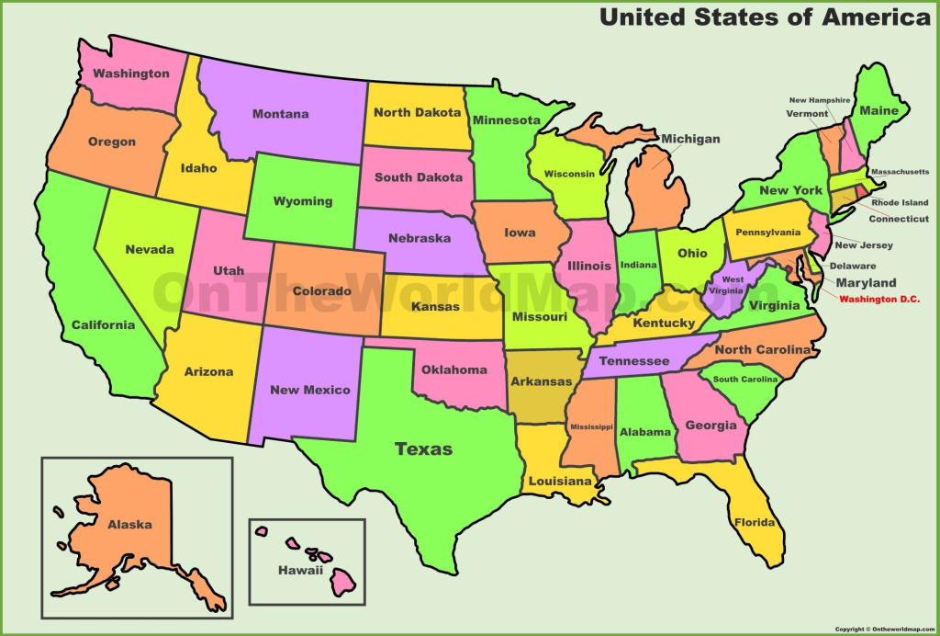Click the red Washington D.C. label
pos(878,300)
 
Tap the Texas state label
pos(423,449)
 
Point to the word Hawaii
pos(301,571)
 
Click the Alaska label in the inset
pos(129,525)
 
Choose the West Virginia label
pos(733,284)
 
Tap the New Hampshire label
pos(819,99)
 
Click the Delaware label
pos(853,267)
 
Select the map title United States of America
pos(765,17)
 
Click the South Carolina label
pos(745,380)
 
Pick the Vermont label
pos(806,113)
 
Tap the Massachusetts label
pos(899,172)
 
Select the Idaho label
pos(199,168)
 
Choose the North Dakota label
pos(417,113)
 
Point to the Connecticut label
pos(899,220)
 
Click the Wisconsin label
pos(569,174)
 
